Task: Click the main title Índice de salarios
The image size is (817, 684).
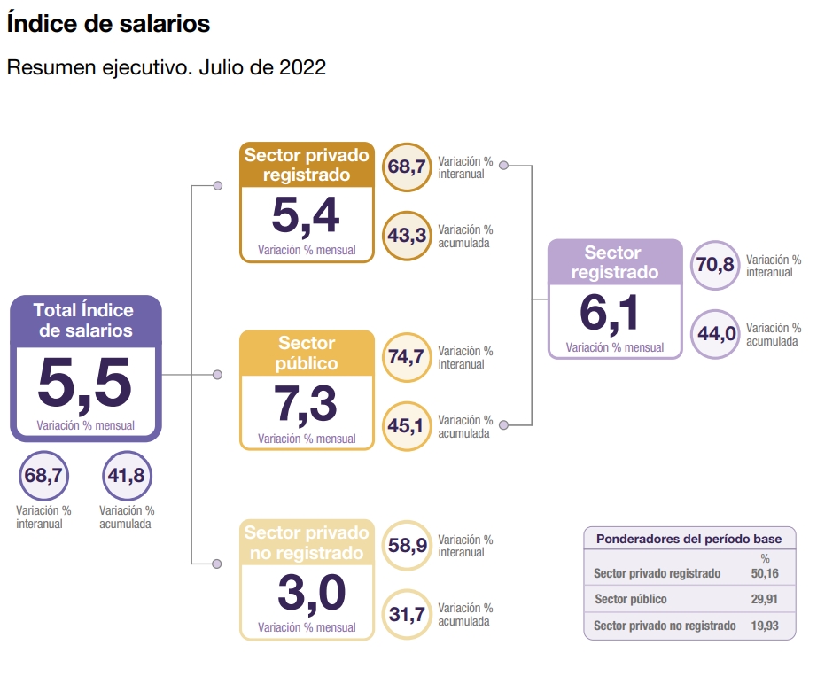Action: tap(108, 23)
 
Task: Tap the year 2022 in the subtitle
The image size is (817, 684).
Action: tap(302, 67)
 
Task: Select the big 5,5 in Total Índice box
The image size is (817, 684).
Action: tap(85, 383)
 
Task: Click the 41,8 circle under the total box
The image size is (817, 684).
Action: tap(127, 476)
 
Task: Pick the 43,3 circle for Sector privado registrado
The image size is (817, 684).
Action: tap(407, 236)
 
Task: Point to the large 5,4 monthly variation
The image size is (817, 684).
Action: tap(306, 215)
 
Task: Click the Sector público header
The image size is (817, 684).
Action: tap(307, 354)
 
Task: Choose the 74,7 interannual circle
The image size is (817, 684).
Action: tap(407, 357)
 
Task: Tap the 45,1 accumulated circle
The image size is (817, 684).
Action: tap(407, 426)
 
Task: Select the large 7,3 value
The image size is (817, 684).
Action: tap(306, 404)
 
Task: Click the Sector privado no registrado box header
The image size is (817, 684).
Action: tap(307, 542)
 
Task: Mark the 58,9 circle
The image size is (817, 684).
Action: tap(407, 546)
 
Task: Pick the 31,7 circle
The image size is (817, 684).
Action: tap(407, 614)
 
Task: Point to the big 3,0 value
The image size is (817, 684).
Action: tap(312, 593)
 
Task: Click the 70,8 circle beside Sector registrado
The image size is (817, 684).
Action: tap(715, 265)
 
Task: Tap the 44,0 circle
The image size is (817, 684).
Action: tap(715, 334)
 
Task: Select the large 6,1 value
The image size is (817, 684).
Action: tap(609, 314)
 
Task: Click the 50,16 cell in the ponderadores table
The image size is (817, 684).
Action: tap(765, 573)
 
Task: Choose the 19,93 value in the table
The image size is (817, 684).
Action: tap(765, 626)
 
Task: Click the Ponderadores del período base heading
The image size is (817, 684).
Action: tap(689, 539)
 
